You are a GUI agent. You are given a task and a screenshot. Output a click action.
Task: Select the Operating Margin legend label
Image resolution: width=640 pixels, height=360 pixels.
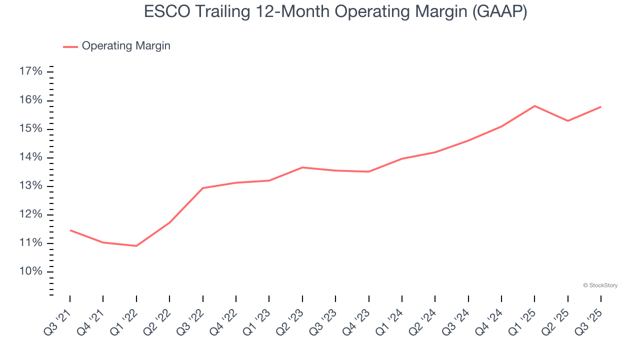[126, 46]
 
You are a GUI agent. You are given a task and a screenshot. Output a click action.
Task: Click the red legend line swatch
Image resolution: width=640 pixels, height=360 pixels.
[70, 46]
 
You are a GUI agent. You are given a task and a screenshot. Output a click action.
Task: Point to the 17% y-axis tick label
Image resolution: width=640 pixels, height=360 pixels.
[30, 71]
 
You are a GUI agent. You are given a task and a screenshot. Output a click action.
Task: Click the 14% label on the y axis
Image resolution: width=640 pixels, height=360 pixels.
[30, 157]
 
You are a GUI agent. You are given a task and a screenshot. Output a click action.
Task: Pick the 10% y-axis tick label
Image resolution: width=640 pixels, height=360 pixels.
[30, 271]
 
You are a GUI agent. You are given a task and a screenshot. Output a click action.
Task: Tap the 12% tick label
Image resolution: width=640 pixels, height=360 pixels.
[30, 214]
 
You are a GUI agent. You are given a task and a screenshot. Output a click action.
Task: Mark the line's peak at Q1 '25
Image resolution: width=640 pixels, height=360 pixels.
[534, 106]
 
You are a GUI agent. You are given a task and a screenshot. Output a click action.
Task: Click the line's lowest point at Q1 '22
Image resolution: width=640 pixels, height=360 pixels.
[136, 246]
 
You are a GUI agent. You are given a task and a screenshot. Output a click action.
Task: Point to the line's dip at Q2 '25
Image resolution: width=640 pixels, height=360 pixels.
[568, 121]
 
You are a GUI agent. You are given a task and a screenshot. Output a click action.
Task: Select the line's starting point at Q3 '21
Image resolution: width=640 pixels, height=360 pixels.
[70, 230]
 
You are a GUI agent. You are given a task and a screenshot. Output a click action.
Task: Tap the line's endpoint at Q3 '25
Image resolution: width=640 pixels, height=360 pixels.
[601, 106]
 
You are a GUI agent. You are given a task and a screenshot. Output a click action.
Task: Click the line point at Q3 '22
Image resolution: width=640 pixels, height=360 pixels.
[202, 188]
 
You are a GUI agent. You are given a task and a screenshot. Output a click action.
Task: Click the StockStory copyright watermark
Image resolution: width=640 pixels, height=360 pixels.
[600, 285]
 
